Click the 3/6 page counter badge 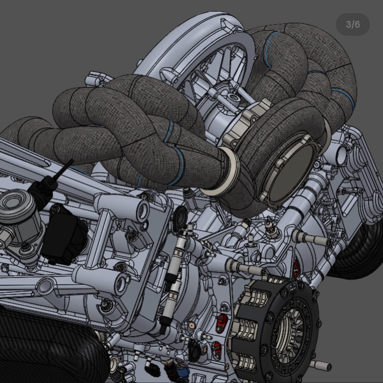353,24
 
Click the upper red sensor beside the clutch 221,323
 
